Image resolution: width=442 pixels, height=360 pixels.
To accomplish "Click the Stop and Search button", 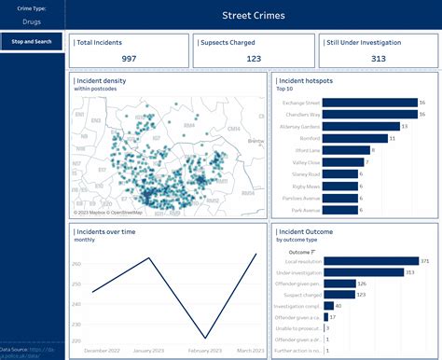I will pos(32,42).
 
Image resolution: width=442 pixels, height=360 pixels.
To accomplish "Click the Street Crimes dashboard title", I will pos(254,16).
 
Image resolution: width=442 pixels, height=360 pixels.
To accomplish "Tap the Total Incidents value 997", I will pos(129,59).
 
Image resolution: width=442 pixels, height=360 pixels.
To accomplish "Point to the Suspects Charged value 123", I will pos(254,59).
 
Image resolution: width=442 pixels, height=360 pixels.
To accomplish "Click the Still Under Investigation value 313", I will pos(378,59).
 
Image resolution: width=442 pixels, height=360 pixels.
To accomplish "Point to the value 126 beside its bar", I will pos(362,284).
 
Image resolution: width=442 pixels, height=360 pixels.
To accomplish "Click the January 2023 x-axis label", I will pos(148,351).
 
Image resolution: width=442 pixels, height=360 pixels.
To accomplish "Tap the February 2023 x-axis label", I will pos(205,351).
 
